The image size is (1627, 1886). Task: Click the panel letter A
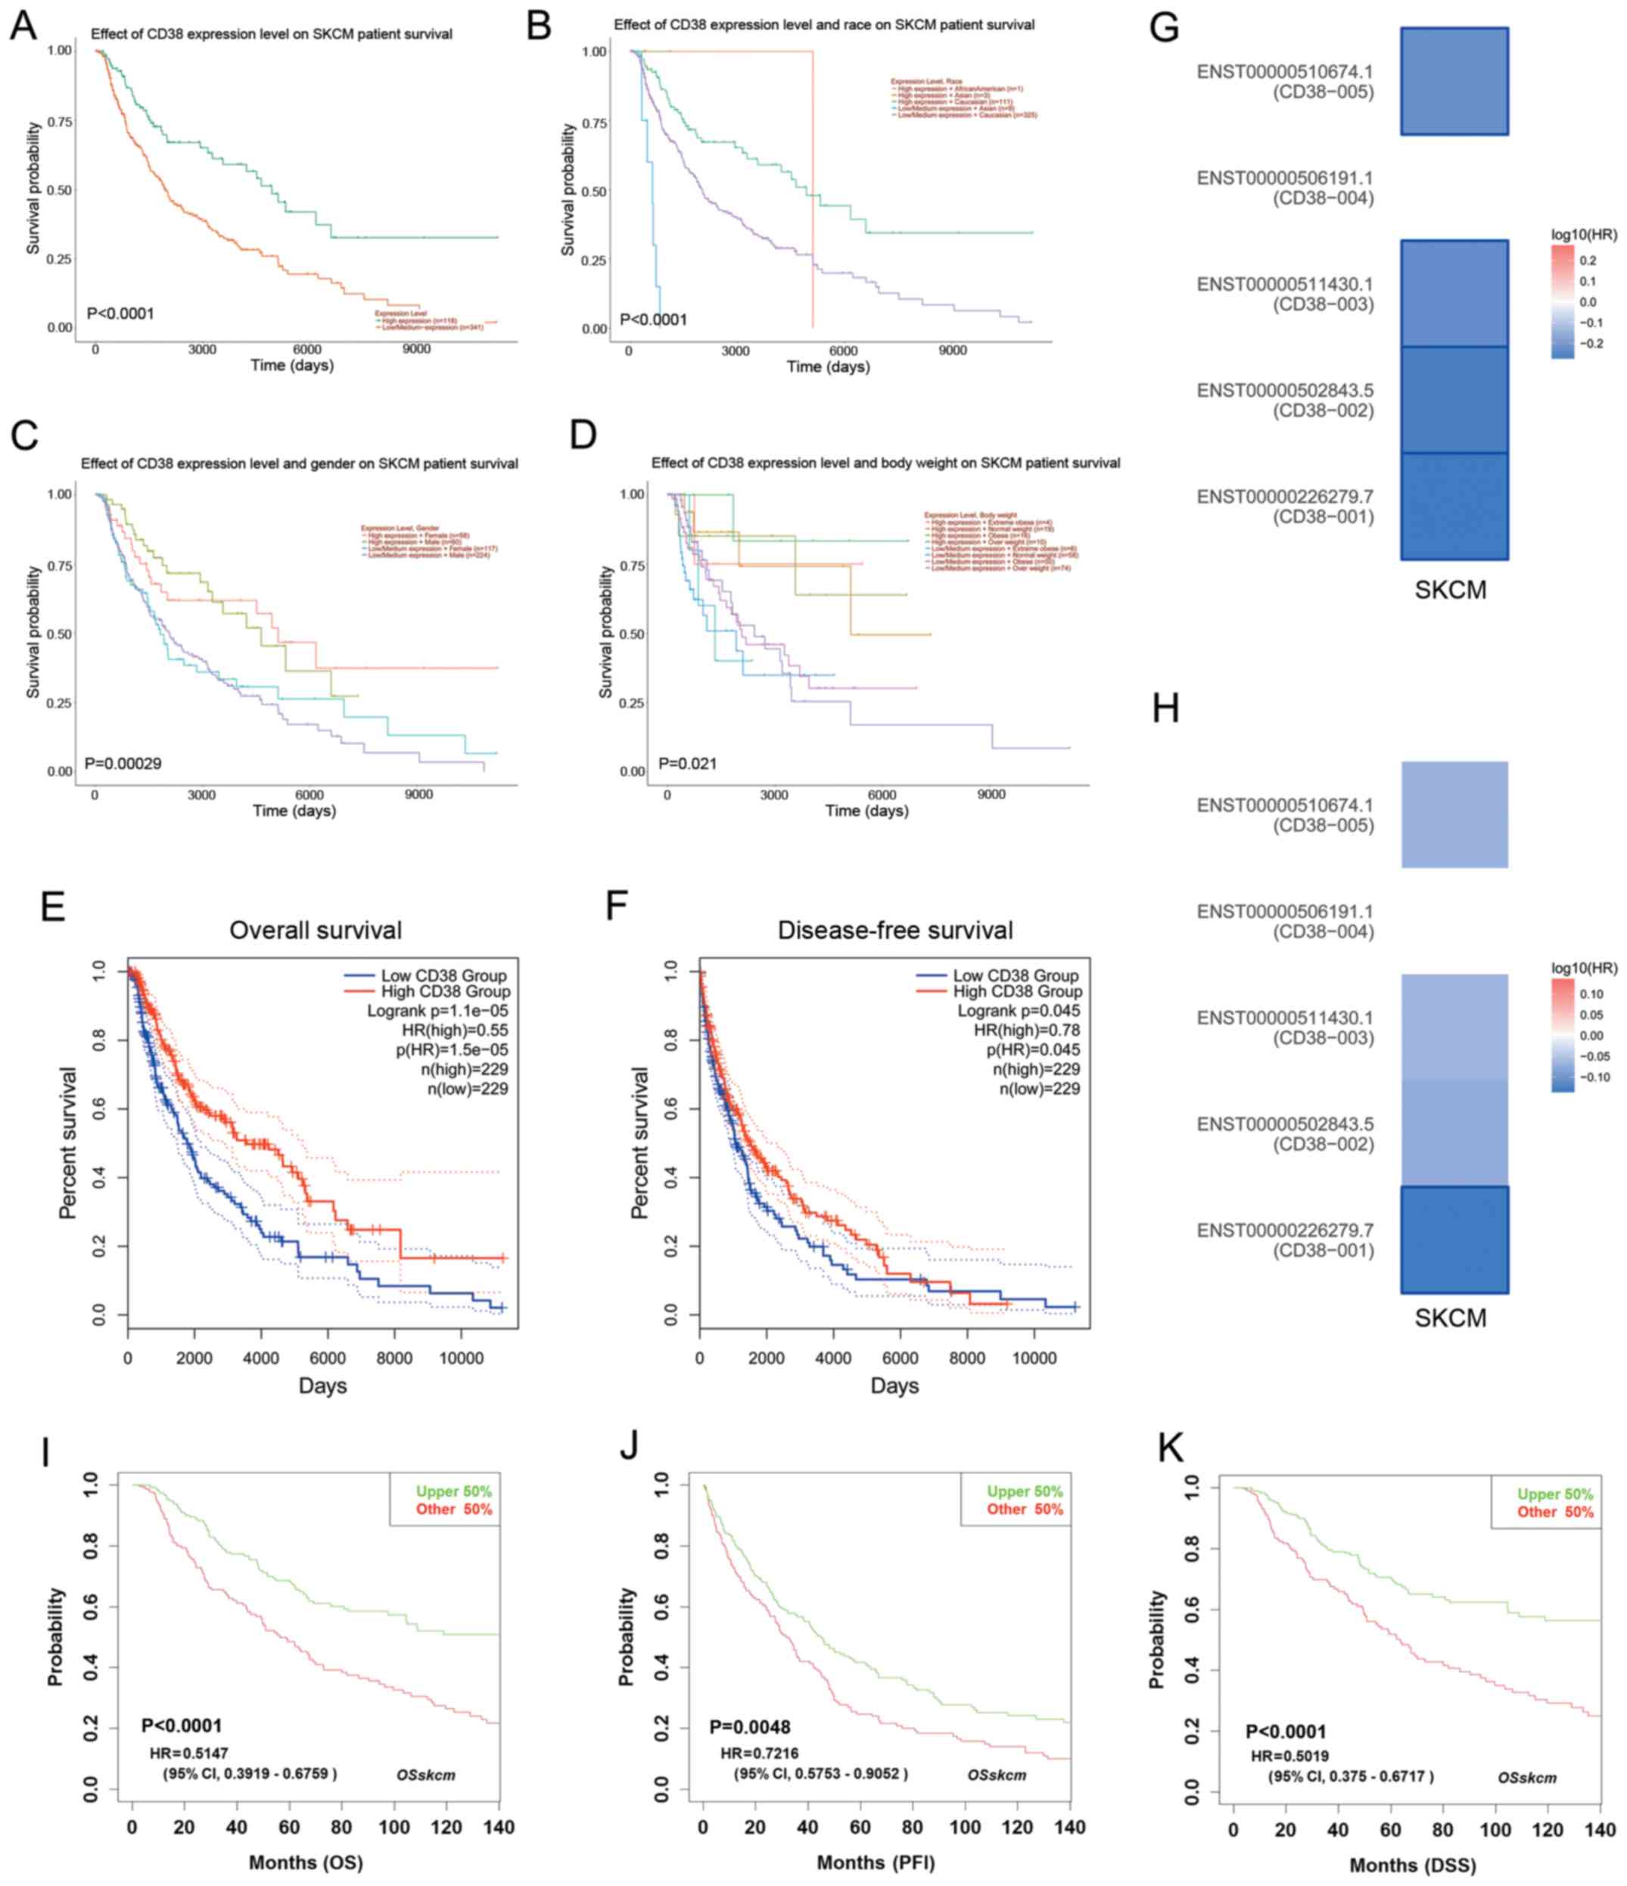pyautogui.click(x=23, y=26)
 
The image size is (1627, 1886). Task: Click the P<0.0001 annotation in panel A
pyautogui.click(x=120, y=314)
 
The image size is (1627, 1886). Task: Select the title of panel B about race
pyautogui.click(x=823, y=24)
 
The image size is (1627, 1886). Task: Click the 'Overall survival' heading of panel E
pyautogui.click(x=315, y=931)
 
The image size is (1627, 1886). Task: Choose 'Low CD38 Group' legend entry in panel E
pyautogui.click(x=443, y=976)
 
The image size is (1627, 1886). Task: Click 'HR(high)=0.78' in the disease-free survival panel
pyautogui.click(x=1026, y=1030)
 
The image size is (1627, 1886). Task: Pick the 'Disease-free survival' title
pyautogui.click(x=894, y=931)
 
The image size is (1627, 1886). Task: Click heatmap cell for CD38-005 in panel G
pyautogui.click(x=1454, y=82)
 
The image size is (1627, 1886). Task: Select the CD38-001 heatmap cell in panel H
pyautogui.click(x=1454, y=1239)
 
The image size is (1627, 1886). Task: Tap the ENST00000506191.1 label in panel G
pyautogui.click(x=1285, y=179)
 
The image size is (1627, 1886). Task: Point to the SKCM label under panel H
pyautogui.click(x=1451, y=1318)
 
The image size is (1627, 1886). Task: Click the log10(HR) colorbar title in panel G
pyautogui.click(x=1584, y=235)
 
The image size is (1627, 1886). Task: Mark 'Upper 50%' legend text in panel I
pyautogui.click(x=453, y=1491)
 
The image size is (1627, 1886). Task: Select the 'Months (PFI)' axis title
pyautogui.click(x=876, y=1863)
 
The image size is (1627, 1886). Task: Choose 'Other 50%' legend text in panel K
pyautogui.click(x=1555, y=1512)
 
